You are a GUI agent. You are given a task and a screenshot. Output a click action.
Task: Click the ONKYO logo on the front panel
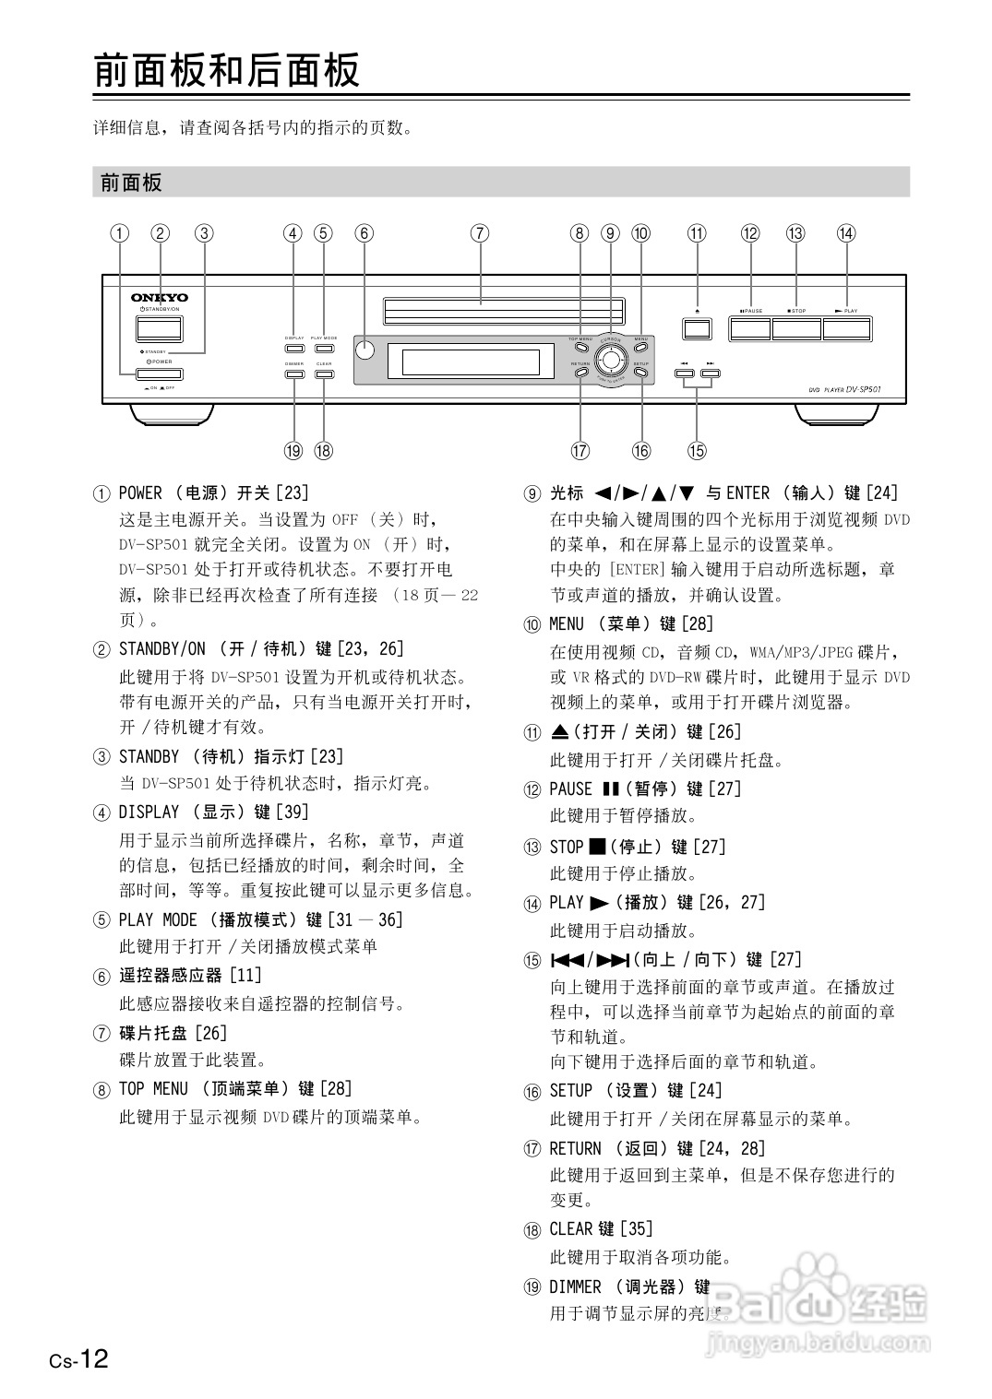159,297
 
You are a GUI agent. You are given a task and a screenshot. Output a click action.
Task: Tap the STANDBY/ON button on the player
159,328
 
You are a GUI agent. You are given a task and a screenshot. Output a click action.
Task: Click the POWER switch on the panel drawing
159,374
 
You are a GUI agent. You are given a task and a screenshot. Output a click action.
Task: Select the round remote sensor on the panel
365,349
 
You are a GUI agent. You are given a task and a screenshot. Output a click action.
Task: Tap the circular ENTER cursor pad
610,357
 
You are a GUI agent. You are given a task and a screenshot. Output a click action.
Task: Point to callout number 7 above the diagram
480,233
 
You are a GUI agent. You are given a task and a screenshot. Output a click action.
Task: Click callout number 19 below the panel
293,451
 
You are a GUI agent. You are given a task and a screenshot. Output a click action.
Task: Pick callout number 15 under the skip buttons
697,451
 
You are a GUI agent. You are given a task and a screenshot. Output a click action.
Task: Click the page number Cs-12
79,1358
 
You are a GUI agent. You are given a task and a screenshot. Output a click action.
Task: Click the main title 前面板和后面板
226,71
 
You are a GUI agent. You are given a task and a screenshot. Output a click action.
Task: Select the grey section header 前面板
132,183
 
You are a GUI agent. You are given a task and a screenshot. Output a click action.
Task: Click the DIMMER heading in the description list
630,1286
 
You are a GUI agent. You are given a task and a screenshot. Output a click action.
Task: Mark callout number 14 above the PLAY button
846,233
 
